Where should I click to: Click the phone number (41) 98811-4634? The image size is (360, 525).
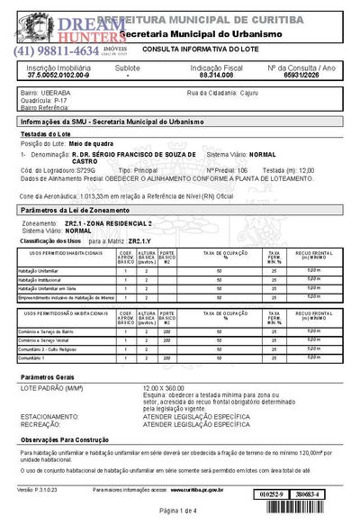[x=54, y=51]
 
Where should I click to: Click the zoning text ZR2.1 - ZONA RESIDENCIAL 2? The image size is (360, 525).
[x=109, y=221]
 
